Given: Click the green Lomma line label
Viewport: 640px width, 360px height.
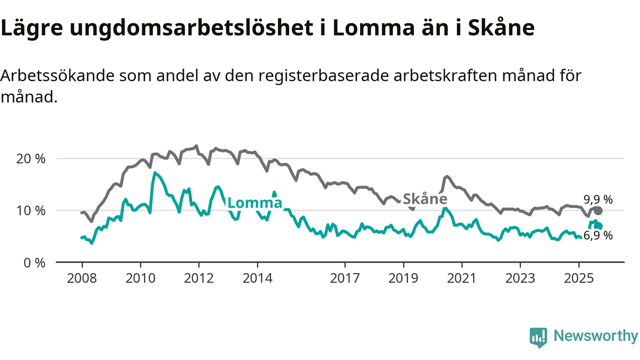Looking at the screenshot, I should [x=254, y=202].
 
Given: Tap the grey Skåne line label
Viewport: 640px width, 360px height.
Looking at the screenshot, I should [x=425, y=198].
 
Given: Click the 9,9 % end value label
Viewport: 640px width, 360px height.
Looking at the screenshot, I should [x=598, y=199].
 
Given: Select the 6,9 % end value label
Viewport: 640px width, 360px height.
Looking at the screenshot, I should [x=598, y=235].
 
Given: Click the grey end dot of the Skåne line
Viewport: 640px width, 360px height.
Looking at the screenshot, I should [x=598, y=210].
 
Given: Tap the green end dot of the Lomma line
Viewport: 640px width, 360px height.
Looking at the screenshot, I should [x=598, y=226].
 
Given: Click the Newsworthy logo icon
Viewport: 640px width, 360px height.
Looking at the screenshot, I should [x=538, y=337].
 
